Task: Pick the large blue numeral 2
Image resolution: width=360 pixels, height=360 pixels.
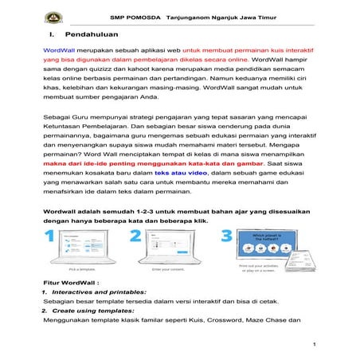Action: [x=135, y=237]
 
